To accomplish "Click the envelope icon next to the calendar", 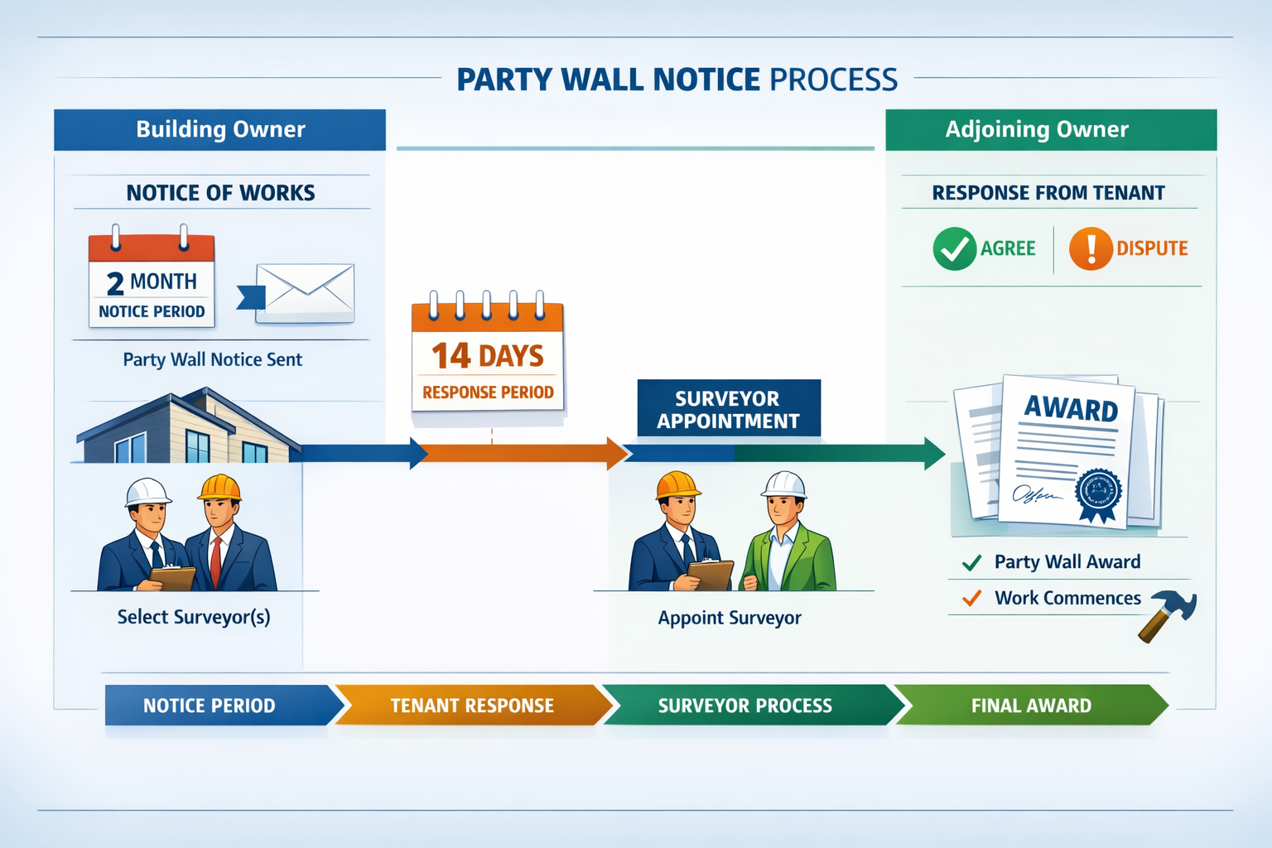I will [305, 293].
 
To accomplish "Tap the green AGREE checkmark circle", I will [954, 248].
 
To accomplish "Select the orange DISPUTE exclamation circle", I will [1091, 248].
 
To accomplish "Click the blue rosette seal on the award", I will [1098, 494].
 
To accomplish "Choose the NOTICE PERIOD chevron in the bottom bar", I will [215, 706].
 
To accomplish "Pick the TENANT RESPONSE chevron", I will [472, 706].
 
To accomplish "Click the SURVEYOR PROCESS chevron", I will [745, 706].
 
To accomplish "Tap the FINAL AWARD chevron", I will [1031, 706].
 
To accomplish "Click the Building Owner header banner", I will [220, 130].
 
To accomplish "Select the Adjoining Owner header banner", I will [1050, 130].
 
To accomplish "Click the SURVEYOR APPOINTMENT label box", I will [729, 409].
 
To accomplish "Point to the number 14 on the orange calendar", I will [451, 356].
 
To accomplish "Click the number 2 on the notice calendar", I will [115, 284].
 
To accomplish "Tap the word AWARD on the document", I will [1071, 408].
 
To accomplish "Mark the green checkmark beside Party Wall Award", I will [972, 563].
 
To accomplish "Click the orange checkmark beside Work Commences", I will [972, 598].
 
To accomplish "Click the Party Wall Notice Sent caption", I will [213, 359].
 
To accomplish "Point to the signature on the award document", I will [1034, 494].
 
